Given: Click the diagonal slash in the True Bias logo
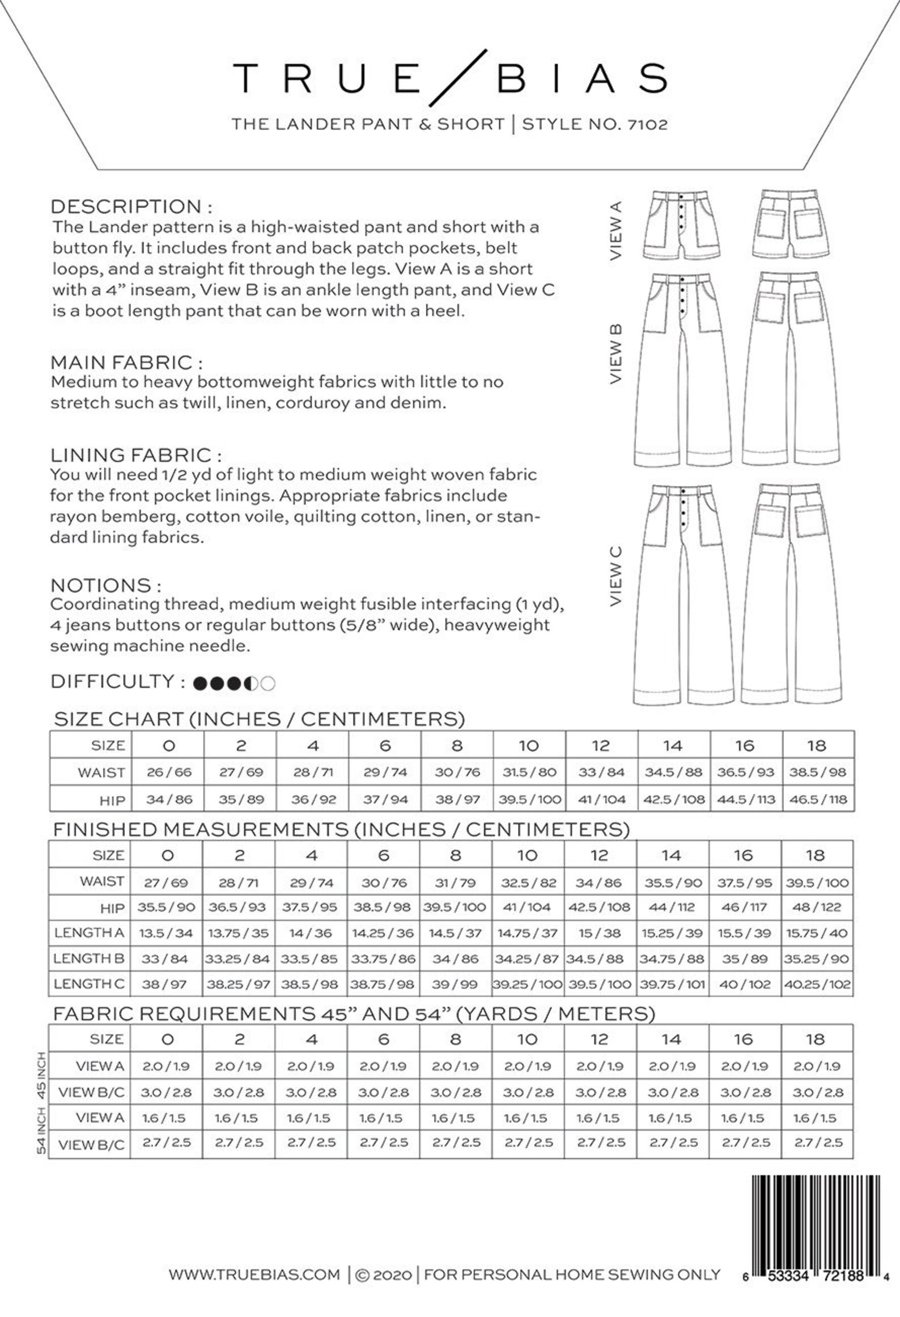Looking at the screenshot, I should pos(458,78).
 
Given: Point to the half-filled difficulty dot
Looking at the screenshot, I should pos(251,683).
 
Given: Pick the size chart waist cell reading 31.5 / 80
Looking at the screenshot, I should pos(529,772).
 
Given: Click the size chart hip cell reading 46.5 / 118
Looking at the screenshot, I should pos(817,799).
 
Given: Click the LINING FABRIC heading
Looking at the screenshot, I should pos(135,455).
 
